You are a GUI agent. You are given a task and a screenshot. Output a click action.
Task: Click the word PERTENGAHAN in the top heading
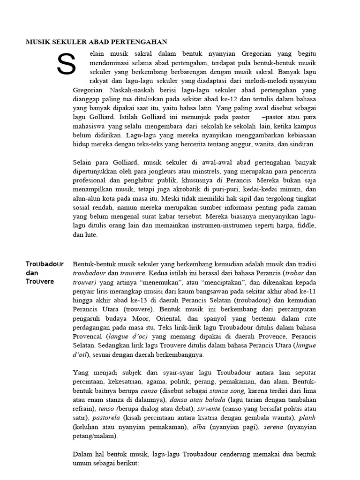(143, 42)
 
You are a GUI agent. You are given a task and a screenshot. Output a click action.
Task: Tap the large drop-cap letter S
(66, 65)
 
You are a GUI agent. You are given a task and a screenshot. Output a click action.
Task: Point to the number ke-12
(208, 99)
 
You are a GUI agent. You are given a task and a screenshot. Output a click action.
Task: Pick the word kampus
(305, 126)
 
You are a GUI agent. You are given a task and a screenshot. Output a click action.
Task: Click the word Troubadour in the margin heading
(45, 264)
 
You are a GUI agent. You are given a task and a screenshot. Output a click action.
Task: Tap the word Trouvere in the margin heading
(40, 282)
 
